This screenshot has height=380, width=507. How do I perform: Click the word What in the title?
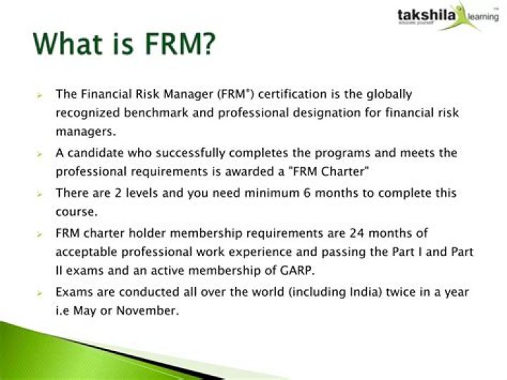click(68, 43)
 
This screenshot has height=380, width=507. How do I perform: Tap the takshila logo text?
click(427, 16)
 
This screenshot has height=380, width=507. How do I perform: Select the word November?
click(147, 310)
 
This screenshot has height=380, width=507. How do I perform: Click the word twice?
click(400, 292)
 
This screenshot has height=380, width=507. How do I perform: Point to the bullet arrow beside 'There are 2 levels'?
click(39, 195)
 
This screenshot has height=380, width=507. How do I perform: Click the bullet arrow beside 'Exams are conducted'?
click(39, 293)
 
